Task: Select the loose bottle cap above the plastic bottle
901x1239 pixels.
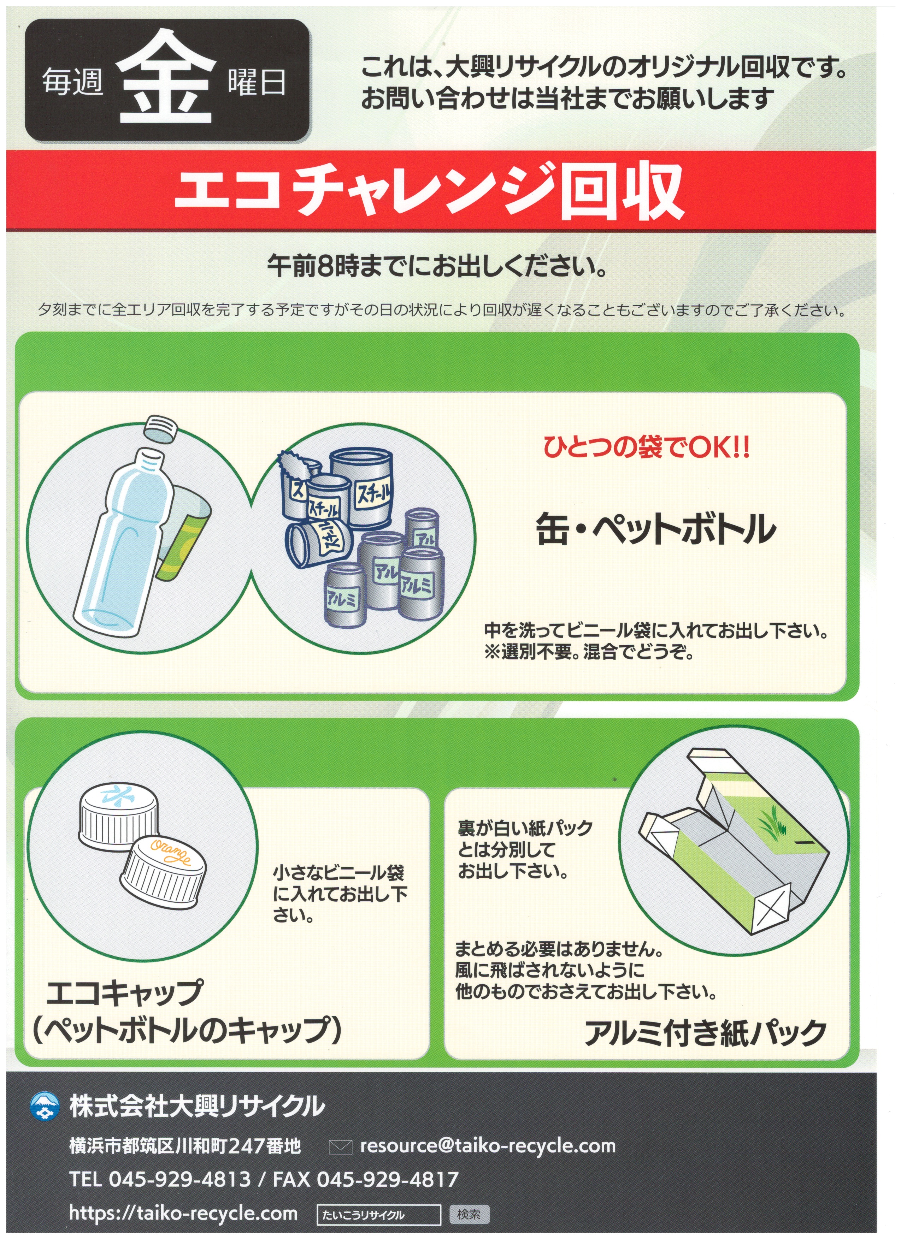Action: pos(161,427)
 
